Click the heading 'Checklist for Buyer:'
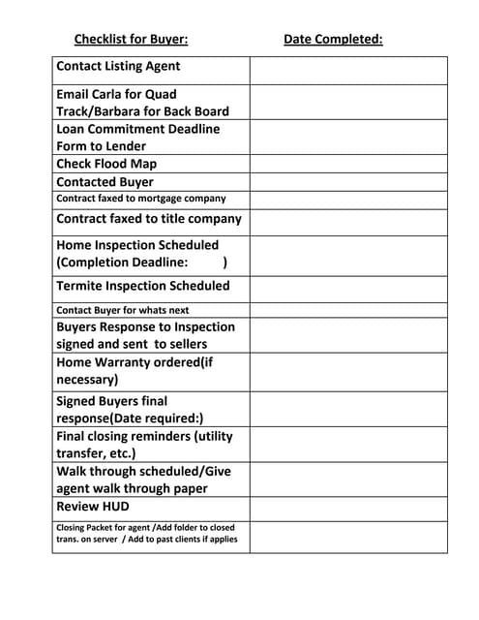(131, 40)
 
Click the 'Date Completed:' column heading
(333, 40)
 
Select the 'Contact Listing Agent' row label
(118, 67)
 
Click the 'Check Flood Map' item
(106, 164)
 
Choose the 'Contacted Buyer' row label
(105, 181)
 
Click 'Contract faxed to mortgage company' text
(141, 199)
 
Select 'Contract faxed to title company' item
(149, 219)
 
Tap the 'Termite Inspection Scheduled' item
(143, 286)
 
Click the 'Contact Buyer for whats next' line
(122, 310)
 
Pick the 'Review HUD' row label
(93, 507)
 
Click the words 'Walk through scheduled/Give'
(143, 472)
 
